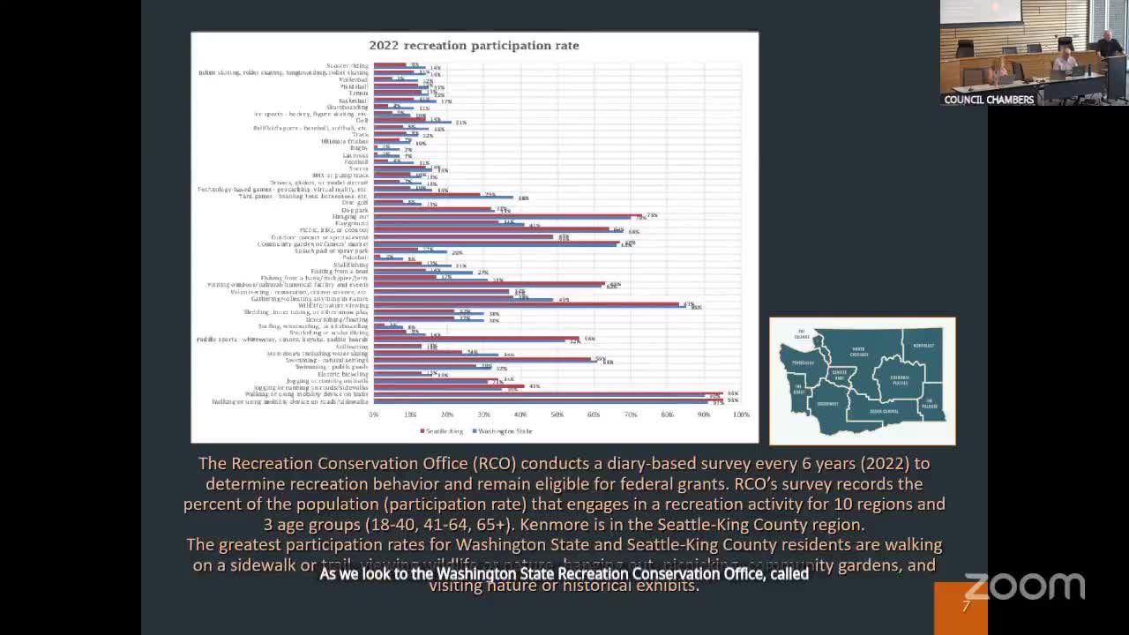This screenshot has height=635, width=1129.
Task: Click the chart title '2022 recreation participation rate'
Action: [474, 45]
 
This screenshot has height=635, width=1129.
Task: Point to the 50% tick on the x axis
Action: [557, 415]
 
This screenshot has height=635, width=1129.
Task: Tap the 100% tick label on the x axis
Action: [741, 415]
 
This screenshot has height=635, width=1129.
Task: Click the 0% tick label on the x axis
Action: [374, 415]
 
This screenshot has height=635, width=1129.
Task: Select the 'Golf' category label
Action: [362, 121]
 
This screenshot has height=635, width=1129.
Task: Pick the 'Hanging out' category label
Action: [350, 216]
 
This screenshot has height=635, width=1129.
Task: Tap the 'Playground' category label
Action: [352, 223]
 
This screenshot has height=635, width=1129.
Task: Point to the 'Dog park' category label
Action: [355, 210]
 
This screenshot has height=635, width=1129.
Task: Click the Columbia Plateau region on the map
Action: [900, 380]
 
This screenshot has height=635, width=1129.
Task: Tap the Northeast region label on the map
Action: [923, 346]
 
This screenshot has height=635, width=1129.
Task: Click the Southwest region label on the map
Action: [827, 404]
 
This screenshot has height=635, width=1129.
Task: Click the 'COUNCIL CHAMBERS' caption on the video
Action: [989, 100]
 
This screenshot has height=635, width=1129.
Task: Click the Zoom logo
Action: [1024, 586]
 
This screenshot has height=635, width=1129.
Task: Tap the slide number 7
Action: [966, 607]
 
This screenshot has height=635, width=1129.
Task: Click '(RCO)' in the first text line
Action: [497, 463]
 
